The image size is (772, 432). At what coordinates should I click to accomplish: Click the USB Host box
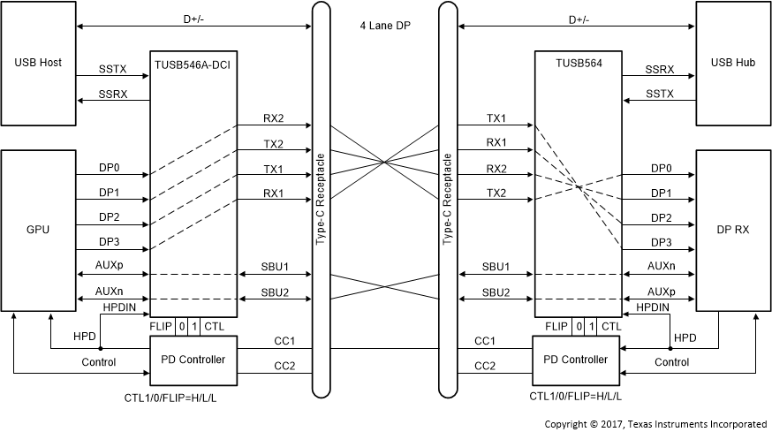(38, 64)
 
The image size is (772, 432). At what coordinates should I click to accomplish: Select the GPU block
(38, 230)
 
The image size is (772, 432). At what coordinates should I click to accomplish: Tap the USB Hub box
(732, 64)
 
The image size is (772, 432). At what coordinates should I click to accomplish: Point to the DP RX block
(732, 230)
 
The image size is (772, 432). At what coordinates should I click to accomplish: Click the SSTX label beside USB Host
(112, 67)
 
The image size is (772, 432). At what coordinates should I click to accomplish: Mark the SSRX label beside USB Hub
(659, 67)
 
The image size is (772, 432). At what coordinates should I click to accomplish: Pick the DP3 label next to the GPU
(110, 241)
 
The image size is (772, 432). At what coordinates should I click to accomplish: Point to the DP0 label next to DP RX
(661, 168)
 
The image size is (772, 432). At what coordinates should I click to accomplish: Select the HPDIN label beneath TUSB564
(653, 307)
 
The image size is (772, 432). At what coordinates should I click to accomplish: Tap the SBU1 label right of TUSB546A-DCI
(273, 266)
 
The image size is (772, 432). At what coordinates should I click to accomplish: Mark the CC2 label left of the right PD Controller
(484, 366)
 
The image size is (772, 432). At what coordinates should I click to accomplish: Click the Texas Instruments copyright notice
(655, 424)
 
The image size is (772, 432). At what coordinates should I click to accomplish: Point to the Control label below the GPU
(98, 362)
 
